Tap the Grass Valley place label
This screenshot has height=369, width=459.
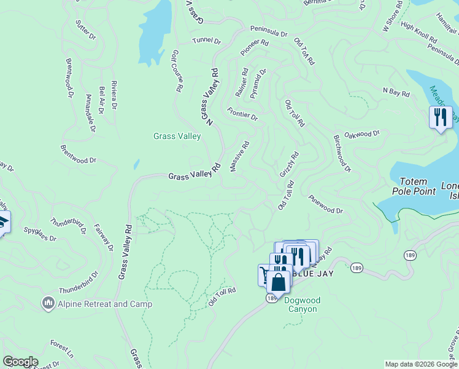177,136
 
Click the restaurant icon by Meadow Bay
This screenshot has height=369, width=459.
440,117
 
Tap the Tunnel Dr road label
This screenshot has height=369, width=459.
206,41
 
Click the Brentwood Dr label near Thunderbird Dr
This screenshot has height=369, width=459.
79,154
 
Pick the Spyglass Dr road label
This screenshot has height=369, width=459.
40,234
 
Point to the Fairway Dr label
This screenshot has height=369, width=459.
103,237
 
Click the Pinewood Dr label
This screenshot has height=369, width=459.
326,205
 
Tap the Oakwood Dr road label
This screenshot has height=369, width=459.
362,134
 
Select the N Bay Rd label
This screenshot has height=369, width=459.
396,92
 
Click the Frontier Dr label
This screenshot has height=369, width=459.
242,114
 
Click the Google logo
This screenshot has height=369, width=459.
20,362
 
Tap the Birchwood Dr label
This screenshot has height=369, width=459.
342,153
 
